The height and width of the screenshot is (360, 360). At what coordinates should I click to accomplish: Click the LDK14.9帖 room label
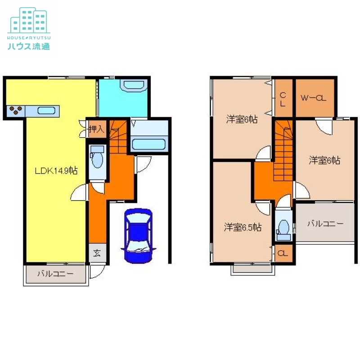56,171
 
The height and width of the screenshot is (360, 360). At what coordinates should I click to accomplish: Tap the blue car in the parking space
138,235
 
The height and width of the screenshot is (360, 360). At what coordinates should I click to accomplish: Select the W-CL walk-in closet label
314,98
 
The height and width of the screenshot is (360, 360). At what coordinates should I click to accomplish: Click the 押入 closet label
96,129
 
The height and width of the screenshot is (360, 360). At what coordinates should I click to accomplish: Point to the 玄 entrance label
97,253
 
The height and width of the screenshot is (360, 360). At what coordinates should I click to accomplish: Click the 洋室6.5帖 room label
243,227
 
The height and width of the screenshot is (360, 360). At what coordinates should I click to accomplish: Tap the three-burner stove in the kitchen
16,110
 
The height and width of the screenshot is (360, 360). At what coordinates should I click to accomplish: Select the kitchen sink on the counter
46,111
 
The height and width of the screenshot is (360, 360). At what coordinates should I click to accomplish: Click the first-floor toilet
97,157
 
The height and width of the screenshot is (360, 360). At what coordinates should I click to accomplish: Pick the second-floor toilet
283,230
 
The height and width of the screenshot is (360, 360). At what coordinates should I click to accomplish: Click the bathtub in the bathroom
149,144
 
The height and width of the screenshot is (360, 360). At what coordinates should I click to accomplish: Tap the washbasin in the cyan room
134,85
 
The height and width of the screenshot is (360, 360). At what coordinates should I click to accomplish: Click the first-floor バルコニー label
55,274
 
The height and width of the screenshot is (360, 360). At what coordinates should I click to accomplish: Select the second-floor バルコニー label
325,223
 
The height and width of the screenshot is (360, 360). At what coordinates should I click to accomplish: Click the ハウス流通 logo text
29,46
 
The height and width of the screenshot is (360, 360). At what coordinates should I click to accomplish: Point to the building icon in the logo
29,20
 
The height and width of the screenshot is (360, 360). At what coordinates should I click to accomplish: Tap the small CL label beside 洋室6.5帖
283,253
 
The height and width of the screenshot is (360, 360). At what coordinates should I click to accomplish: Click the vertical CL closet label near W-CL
283,99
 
